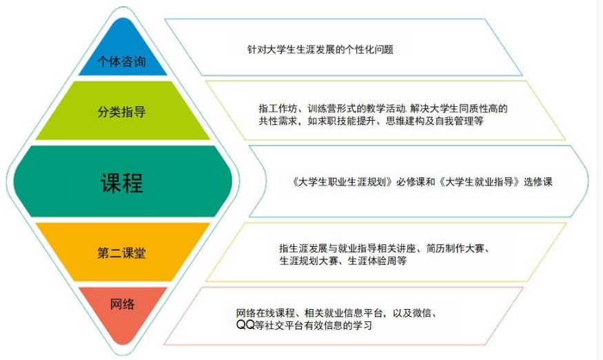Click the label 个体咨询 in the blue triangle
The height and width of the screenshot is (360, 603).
(121, 61)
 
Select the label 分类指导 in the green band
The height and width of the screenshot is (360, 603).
(121, 111)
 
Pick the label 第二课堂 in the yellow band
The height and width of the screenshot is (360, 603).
(121, 252)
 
